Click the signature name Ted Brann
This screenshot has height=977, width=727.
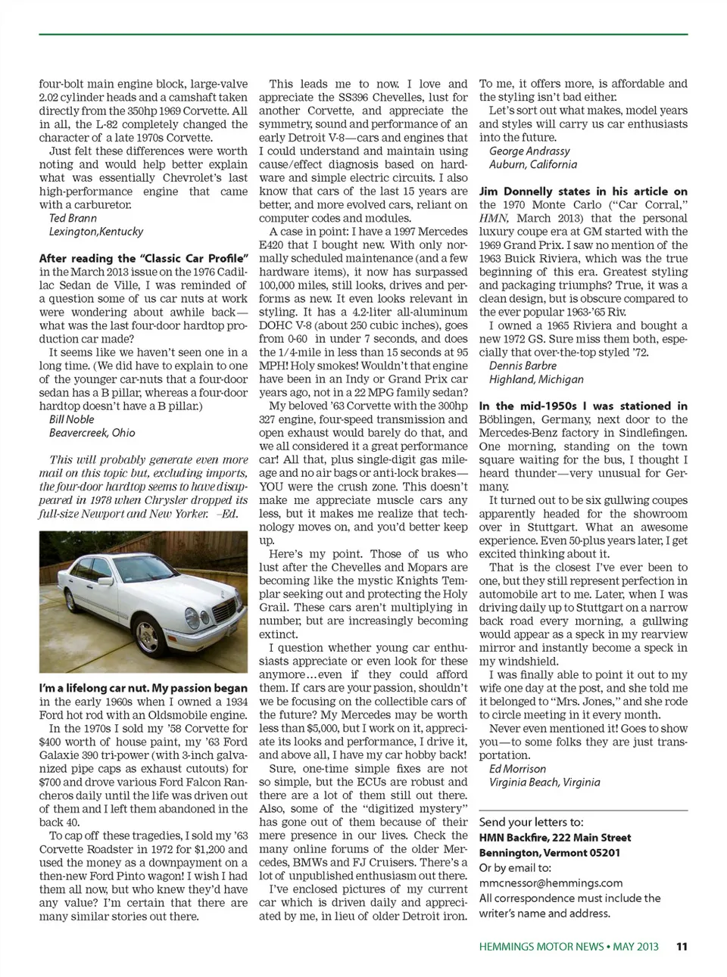[x=73, y=218]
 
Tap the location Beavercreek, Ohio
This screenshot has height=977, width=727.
[x=92, y=433]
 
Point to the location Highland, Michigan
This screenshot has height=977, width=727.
[x=536, y=379]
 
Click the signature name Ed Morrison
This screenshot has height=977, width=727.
[x=517, y=769]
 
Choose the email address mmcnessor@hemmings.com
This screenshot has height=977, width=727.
[x=551, y=882]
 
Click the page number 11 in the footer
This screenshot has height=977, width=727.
[x=682, y=946]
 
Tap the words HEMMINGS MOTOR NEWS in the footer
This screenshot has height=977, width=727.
[x=541, y=946]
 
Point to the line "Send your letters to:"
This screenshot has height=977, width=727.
[x=531, y=822]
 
